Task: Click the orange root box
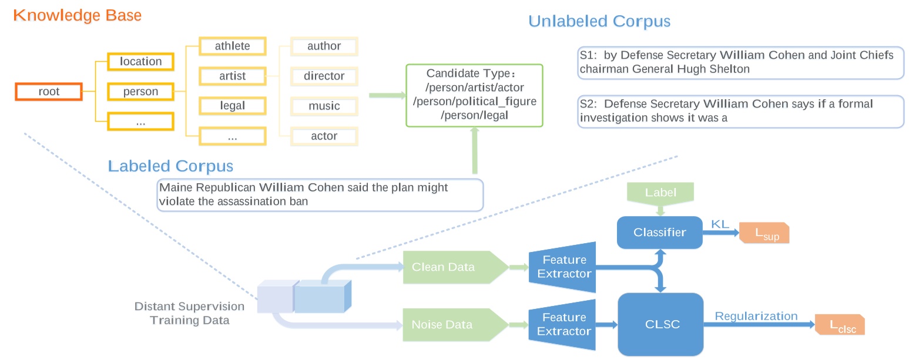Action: click(49, 92)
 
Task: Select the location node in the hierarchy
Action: click(140, 62)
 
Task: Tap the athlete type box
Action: click(232, 46)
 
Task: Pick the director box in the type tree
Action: click(324, 76)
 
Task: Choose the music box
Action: click(324, 106)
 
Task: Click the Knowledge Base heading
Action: click(78, 15)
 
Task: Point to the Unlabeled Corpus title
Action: click(599, 22)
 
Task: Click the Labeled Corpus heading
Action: click(170, 166)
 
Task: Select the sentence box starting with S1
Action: click(740, 62)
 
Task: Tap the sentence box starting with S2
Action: click(740, 112)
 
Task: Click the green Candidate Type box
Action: click(474, 95)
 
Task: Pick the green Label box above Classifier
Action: click(660, 193)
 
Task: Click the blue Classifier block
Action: click(659, 232)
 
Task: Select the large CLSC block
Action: click(660, 324)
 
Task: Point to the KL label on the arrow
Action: click(720, 224)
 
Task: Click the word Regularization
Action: click(756, 316)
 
